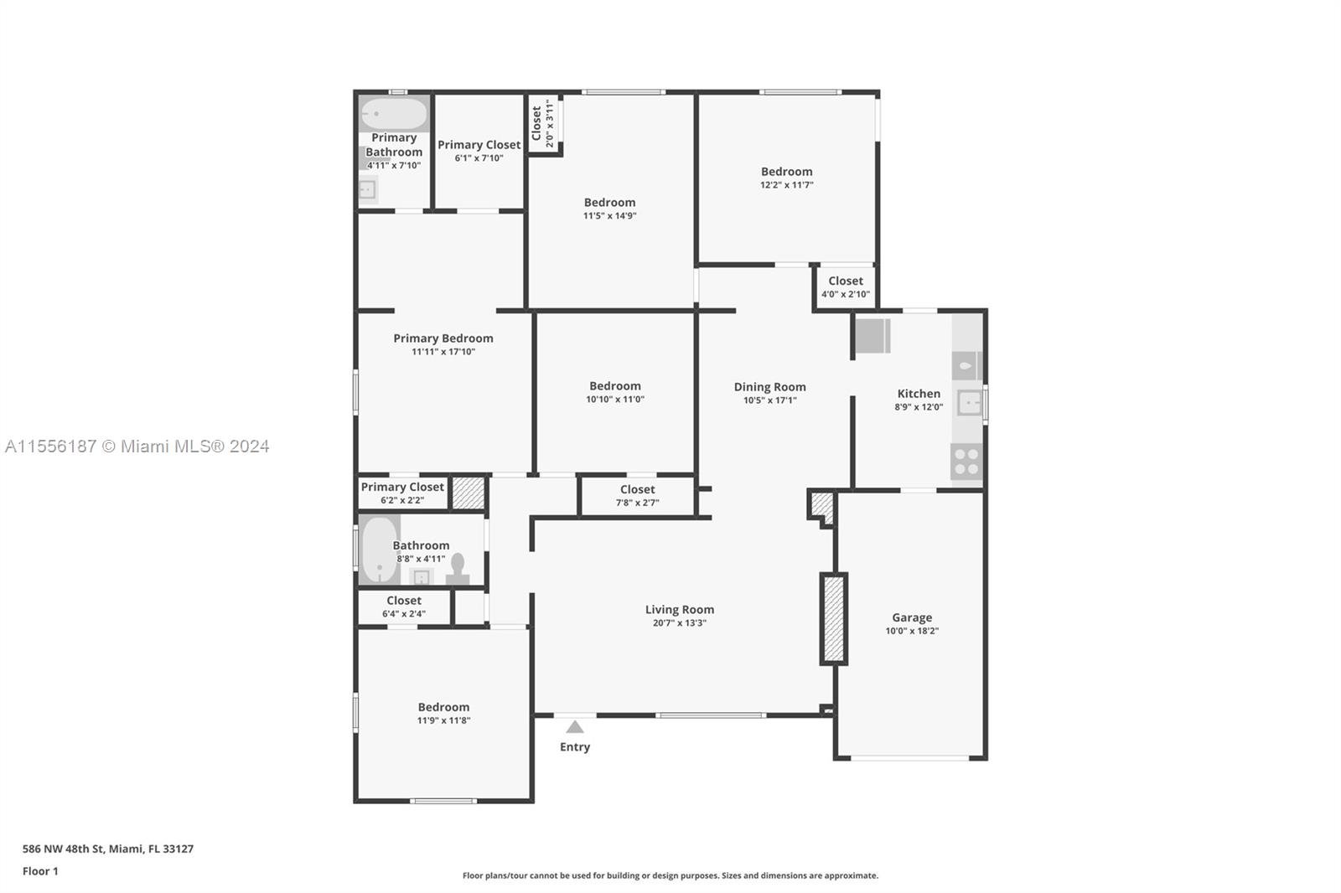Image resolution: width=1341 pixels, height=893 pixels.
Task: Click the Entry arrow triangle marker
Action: click(x=575, y=727)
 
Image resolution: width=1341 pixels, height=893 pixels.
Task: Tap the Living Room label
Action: click(x=679, y=610)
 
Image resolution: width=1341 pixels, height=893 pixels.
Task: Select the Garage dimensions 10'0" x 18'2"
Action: click(x=912, y=631)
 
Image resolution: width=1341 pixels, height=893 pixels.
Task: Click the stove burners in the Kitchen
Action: click(x=966, y=462)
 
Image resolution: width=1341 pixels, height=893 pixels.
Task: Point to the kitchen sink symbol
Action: click(x=969, y=403)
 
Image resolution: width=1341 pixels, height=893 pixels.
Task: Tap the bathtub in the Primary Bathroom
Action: click(x=394, y=114)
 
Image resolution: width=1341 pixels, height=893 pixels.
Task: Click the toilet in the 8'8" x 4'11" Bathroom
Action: click(x=458, y=568)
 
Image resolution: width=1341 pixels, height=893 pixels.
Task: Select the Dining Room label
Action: click(x=769, y=387)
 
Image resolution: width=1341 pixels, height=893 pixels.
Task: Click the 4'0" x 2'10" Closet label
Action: click(x=845, y=281)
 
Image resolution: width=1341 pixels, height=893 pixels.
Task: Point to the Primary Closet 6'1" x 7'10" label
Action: click(x=479, y=145)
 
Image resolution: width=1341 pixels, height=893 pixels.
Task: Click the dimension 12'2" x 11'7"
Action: click(x=786, y=185)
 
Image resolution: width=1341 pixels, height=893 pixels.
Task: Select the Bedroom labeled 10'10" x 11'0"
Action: click(x=614, y=386)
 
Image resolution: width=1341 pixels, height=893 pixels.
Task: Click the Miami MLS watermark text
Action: click(x=137, y=446)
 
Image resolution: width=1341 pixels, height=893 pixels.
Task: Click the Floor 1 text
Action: click(x=40, y=871)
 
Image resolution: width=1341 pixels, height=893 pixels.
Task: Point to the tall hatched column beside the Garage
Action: click(x=833, y=619)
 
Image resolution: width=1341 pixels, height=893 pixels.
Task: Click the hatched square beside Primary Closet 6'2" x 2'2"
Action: click(x=468, y=493)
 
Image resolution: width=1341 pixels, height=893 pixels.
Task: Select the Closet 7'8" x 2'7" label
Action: click(x=637, y=490)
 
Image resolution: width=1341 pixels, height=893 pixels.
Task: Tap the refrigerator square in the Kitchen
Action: click(x=872, y=336)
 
